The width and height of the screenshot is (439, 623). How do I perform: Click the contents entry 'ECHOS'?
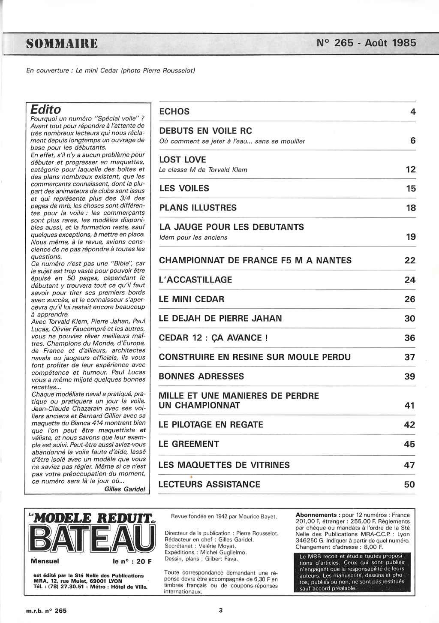tap(174, 111)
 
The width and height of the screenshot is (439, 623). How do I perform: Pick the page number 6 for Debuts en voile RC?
tap(412, 141)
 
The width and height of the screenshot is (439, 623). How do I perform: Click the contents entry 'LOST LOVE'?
tap(182, 160)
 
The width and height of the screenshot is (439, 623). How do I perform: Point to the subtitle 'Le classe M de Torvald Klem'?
tap(203, 170)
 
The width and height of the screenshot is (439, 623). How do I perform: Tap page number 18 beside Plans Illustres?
tap(410, 208)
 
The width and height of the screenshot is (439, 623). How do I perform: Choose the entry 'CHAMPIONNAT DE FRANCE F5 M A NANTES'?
tap(255, 260)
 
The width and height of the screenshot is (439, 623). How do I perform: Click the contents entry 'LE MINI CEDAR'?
tap(191, 299)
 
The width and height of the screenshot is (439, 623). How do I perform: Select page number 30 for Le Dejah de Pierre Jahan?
tap(410, 318)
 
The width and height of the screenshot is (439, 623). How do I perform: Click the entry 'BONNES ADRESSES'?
tap(201, 376)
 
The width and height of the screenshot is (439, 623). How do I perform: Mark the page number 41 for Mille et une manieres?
tap(410, 406)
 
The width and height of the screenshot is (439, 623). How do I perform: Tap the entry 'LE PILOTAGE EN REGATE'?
tap(210, 424)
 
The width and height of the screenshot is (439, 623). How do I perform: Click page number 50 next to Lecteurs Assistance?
tap(409, 485)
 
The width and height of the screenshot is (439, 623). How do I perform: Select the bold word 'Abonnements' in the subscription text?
tap(316, 515)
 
